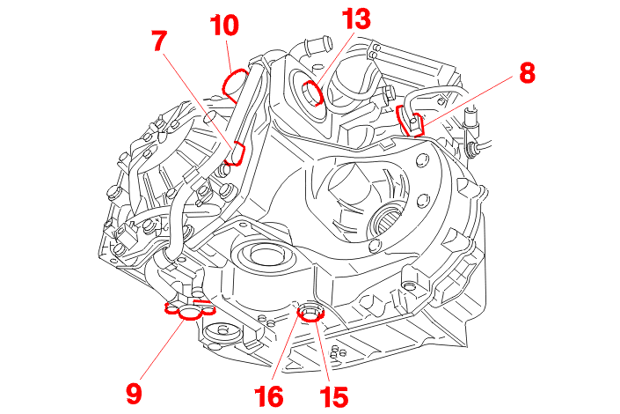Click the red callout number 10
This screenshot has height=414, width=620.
point(224,26)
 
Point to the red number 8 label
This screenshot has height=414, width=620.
point(526,73)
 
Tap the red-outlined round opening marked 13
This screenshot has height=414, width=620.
point(314,93)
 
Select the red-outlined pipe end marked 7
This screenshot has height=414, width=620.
point(235,156)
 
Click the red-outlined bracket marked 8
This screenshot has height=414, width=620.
point(411,122)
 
